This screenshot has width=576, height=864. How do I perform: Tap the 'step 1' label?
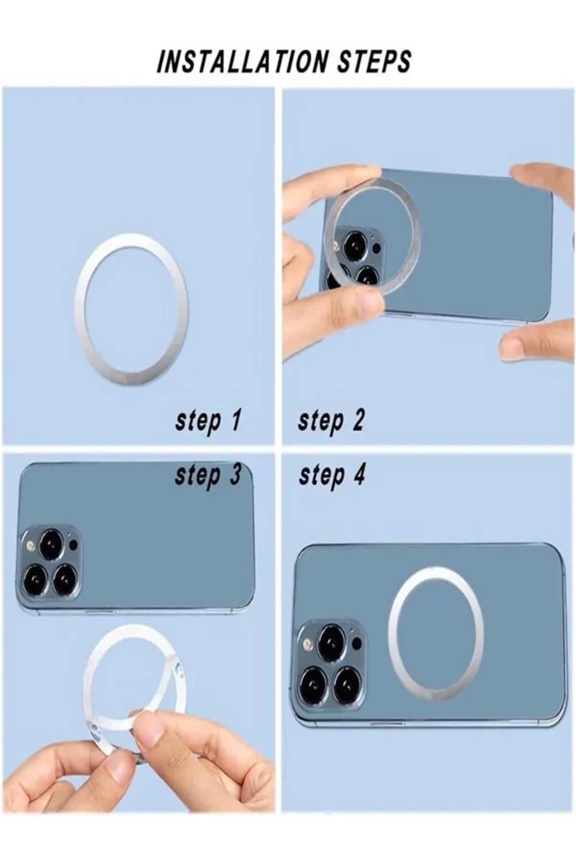[207, 421]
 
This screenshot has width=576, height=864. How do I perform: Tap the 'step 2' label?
[331, 421]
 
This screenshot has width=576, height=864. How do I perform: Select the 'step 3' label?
[207, 476]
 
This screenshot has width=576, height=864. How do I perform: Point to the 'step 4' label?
[332, 476]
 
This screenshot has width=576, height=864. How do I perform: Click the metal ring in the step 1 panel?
[77, 307]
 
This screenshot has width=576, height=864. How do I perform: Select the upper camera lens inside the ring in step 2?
[355, 245]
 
